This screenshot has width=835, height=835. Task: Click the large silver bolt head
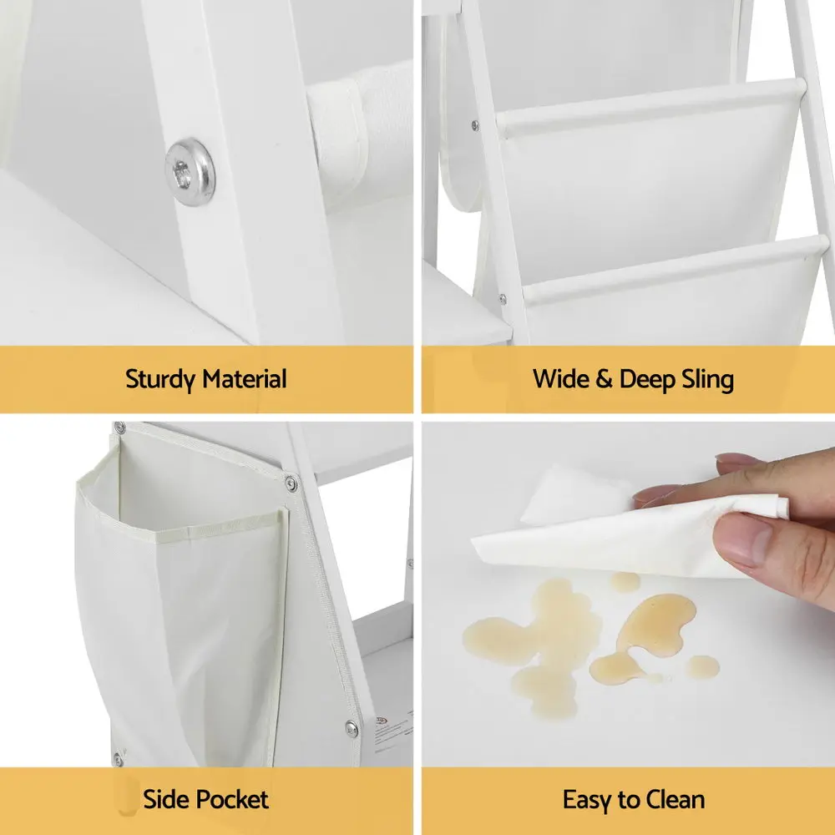point(190,172)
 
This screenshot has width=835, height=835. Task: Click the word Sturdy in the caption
point(160,380)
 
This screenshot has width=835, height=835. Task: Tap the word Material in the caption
point(245,379)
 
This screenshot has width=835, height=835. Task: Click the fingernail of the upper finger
point(736,458)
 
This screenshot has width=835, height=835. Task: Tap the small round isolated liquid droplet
point(702,666)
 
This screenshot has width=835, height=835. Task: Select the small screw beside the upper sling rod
point(475,126)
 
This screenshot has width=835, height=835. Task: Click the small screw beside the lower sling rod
point(502,299)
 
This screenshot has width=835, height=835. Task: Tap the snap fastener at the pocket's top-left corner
point(119,428)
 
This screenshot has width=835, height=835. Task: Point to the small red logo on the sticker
point(382,721)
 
